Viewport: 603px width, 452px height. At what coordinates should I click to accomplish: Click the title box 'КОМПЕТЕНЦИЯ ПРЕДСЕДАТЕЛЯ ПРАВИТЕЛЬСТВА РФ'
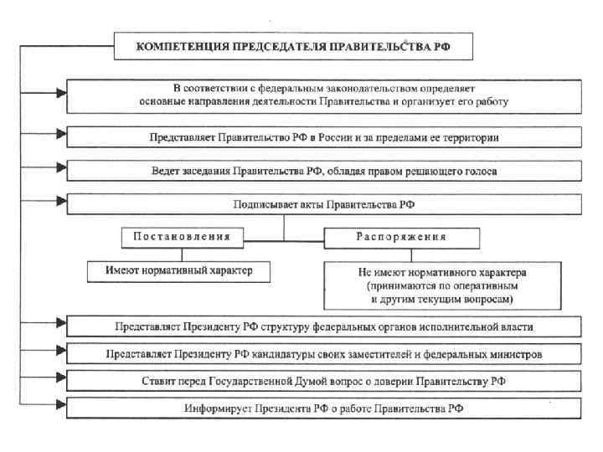pos(293,47)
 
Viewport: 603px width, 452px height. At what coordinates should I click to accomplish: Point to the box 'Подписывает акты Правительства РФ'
pos(322,204)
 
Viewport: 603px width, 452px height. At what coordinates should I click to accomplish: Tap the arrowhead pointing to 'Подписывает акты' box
pos(59,201)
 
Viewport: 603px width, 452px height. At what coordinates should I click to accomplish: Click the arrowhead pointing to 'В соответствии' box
pos(59,93)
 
